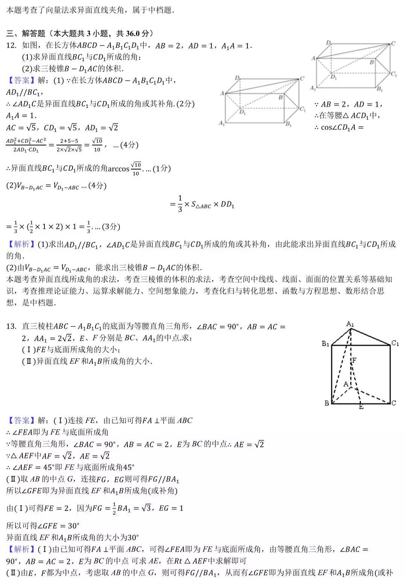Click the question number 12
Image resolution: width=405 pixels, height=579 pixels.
11,46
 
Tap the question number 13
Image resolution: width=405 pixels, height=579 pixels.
11,327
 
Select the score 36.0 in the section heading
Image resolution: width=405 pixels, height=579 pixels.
132,34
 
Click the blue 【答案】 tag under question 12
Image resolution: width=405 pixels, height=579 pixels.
18,80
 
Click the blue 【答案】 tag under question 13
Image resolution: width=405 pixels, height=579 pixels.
18,421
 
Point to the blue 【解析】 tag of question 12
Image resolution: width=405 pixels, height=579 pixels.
18,245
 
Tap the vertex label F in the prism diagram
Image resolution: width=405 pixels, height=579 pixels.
354,361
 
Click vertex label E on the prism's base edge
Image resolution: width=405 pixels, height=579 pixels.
361,406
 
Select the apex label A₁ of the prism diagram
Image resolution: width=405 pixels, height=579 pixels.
350,324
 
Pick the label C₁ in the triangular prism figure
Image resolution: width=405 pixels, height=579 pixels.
395,343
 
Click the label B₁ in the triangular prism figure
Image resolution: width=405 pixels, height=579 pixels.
325,344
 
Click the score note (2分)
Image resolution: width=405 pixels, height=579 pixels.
185,104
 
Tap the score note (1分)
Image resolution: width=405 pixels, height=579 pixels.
162,168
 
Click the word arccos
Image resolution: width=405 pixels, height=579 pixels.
118,169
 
